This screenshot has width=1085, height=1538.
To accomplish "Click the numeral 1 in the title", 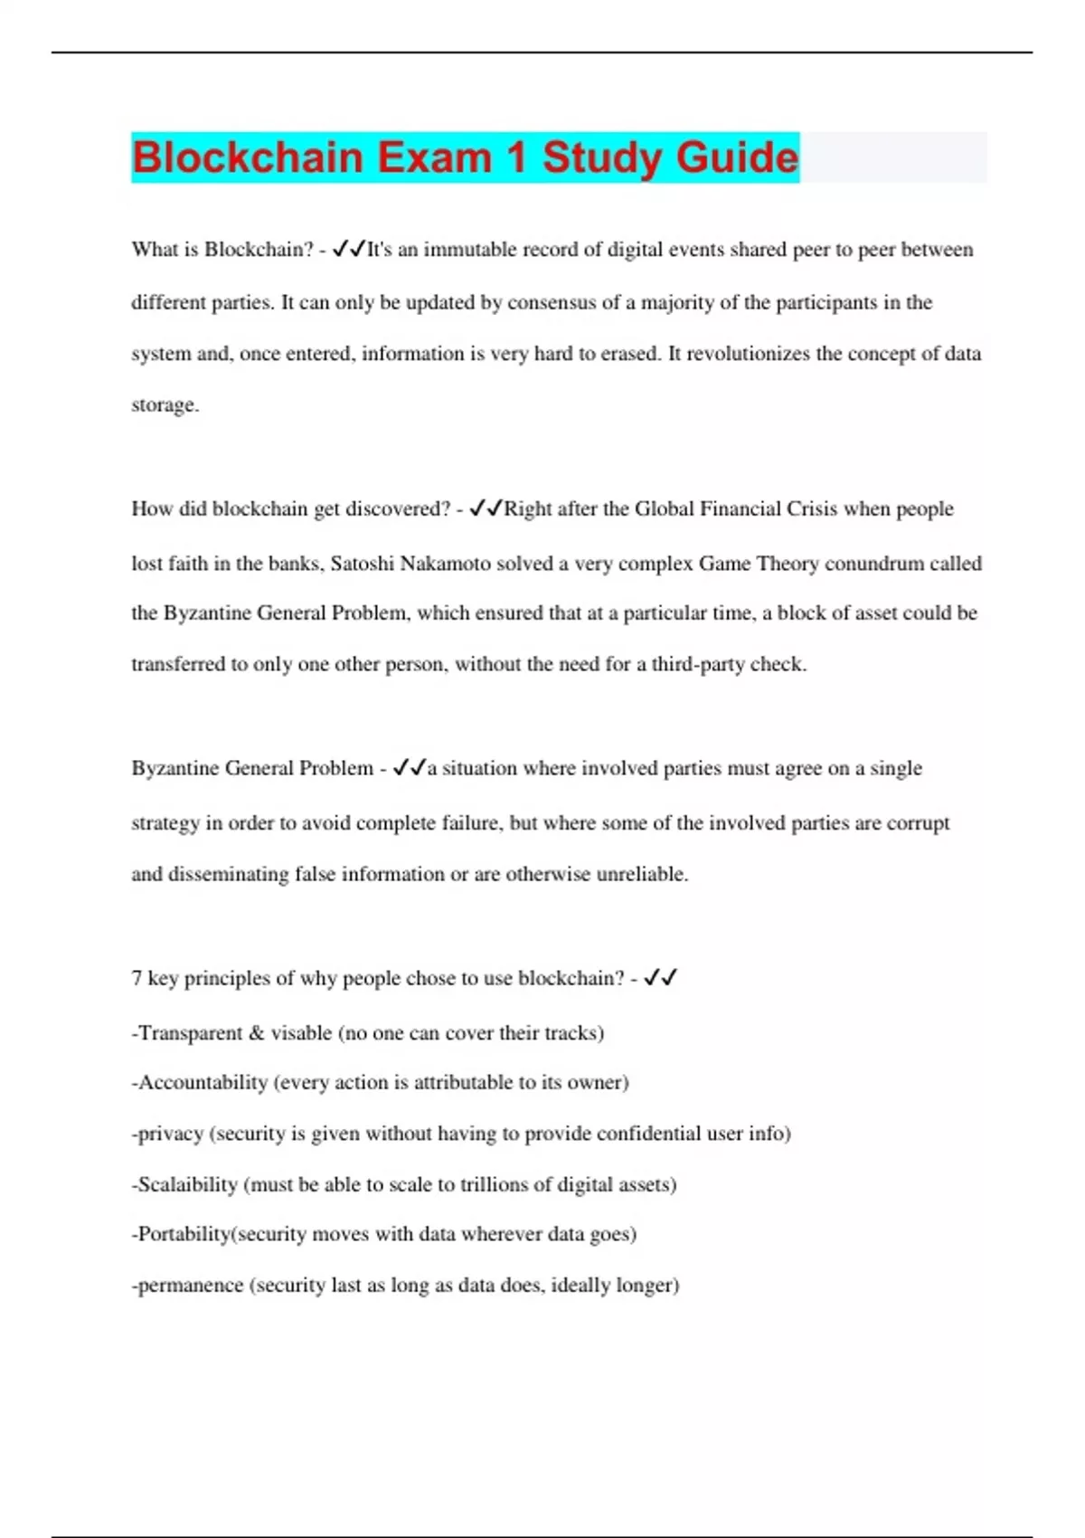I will pos(516,157).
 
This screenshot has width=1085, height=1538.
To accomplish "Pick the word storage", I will pos(164,405).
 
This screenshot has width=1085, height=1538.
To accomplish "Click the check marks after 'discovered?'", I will pos(486,508).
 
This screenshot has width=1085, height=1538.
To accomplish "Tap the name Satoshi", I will pos(362,564).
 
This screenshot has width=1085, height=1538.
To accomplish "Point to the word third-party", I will pos(698,664).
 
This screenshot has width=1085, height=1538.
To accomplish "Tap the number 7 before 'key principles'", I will pos(137,979).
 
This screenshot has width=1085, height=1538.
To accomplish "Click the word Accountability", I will pos(203,1083).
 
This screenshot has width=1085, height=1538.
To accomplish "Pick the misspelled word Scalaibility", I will pos(187,1185).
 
